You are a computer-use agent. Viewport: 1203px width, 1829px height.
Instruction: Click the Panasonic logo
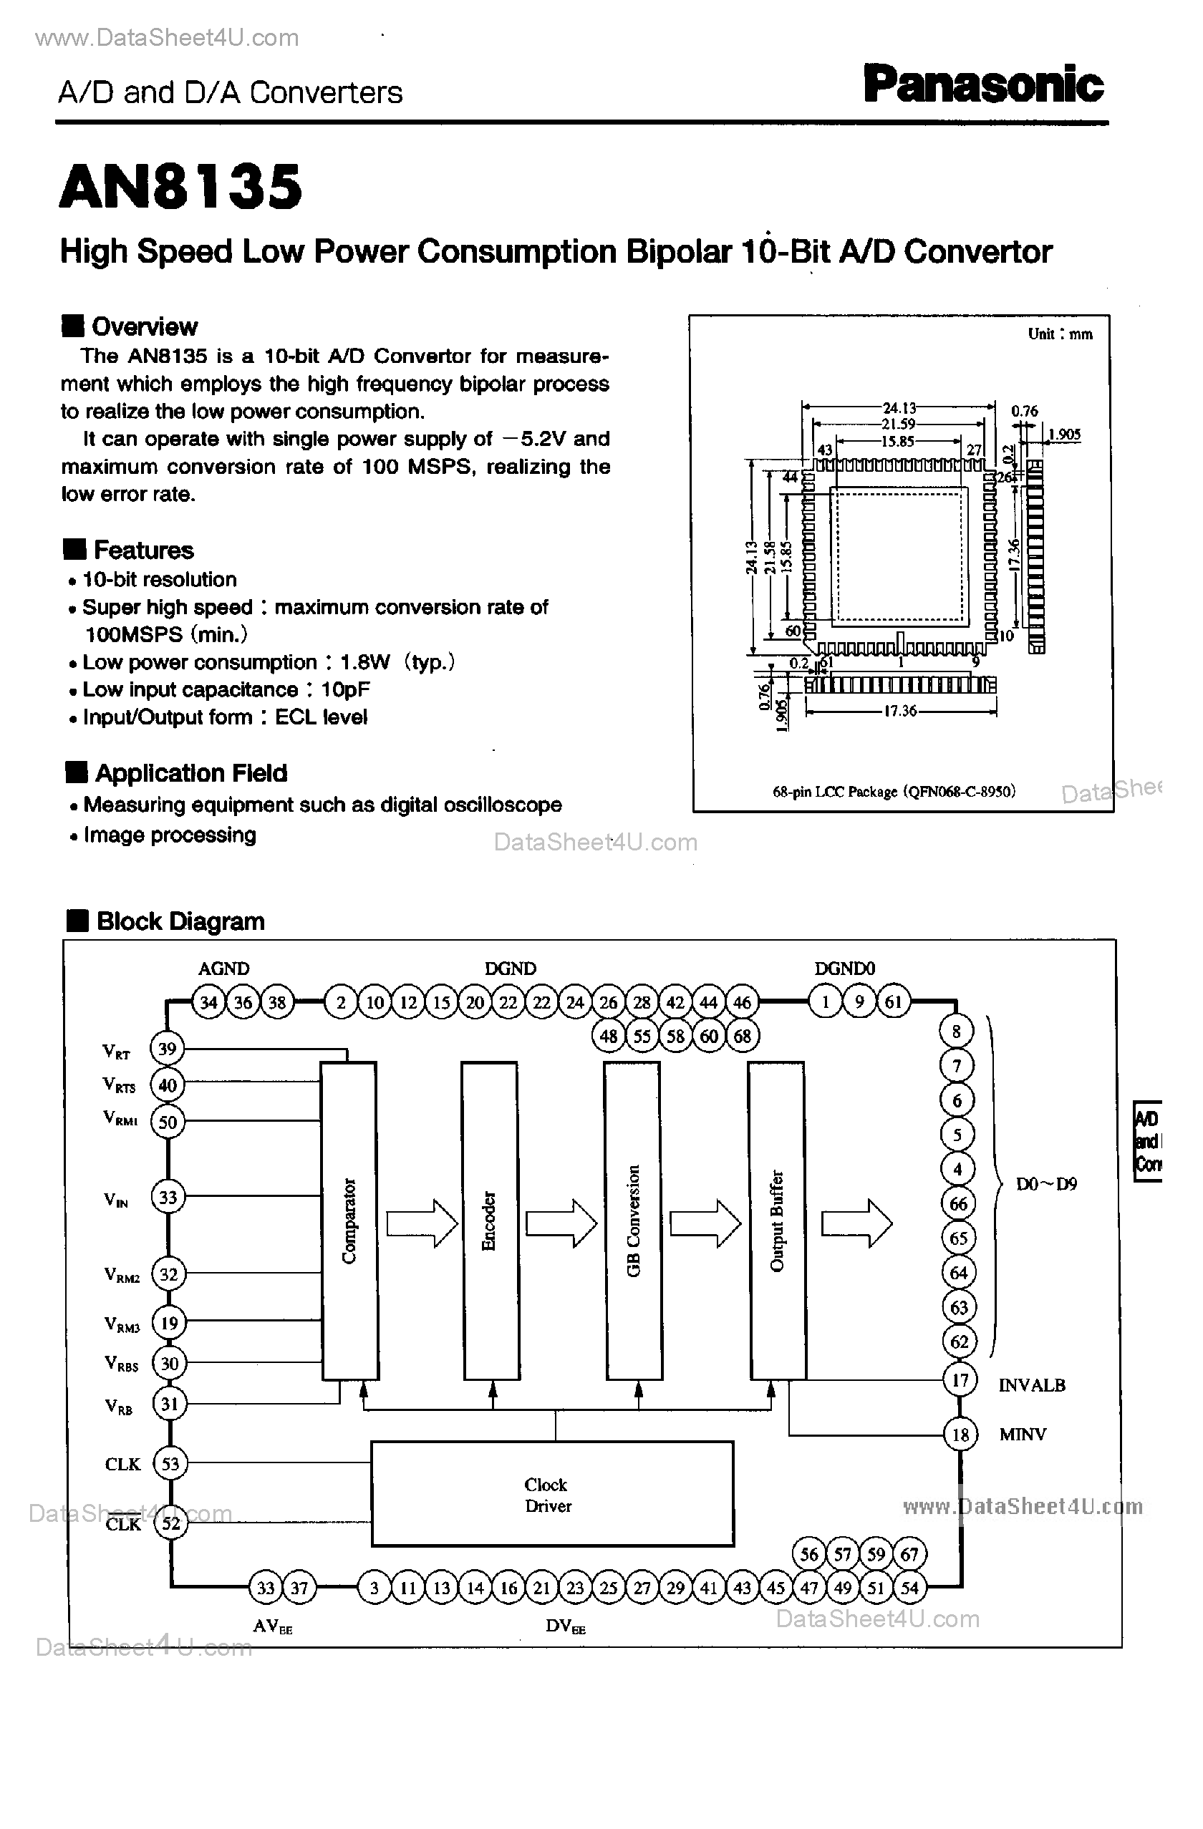tap(983, 84)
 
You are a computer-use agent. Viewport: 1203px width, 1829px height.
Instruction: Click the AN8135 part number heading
tap(180, 187)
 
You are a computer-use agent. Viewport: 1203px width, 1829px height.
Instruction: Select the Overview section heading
tap(144, 326)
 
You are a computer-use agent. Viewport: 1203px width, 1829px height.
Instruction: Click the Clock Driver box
tap(551, 1494)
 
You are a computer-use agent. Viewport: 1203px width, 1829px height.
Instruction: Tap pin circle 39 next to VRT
tap(167, 1049)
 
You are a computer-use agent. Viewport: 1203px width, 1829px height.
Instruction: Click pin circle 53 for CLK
tap(169, 1463)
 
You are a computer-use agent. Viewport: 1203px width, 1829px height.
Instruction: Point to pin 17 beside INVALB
tap(960, 1380)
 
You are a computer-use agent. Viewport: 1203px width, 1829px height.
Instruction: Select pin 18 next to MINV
tap(960, 1435)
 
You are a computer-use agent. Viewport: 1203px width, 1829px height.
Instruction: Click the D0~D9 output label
tap(1045, 1184)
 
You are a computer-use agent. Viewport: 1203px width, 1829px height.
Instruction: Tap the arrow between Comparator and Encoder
tap(421, 1223)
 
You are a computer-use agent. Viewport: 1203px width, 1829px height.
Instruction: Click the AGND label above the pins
tap(223, 969)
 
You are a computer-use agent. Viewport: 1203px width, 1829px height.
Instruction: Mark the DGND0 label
tap(844, 969)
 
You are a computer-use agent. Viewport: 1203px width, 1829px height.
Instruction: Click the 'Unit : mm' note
tap(1059, 334)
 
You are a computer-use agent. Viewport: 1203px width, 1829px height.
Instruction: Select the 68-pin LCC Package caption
tap(893, 791)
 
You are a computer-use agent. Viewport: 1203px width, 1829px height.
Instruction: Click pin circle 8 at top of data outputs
tap(956, 1032)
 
